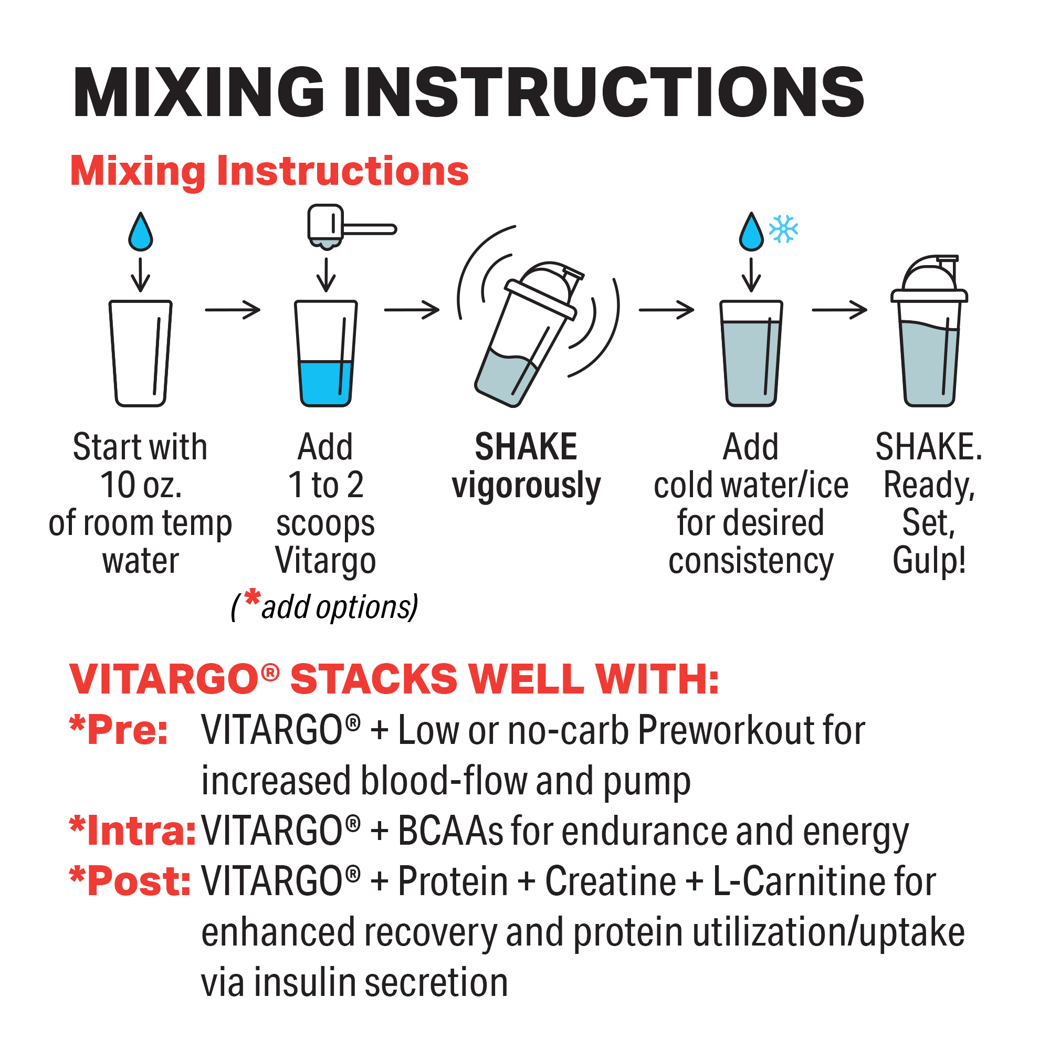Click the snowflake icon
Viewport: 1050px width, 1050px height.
coord(783,229)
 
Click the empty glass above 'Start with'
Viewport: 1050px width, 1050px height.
coord(141,353)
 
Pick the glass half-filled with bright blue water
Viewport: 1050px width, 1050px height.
coord(326,353)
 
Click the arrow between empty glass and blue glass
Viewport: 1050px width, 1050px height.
coord(233,310)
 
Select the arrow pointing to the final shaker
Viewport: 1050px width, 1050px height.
coord(839,310)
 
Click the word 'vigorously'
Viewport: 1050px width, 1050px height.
coord(526,485)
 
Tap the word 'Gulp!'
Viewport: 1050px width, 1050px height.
coord(929,561)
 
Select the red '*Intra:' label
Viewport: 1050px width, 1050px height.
coord(133,831)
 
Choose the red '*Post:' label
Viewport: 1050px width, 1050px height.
coord(130,881)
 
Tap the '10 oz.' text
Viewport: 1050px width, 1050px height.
coord(141,485)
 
